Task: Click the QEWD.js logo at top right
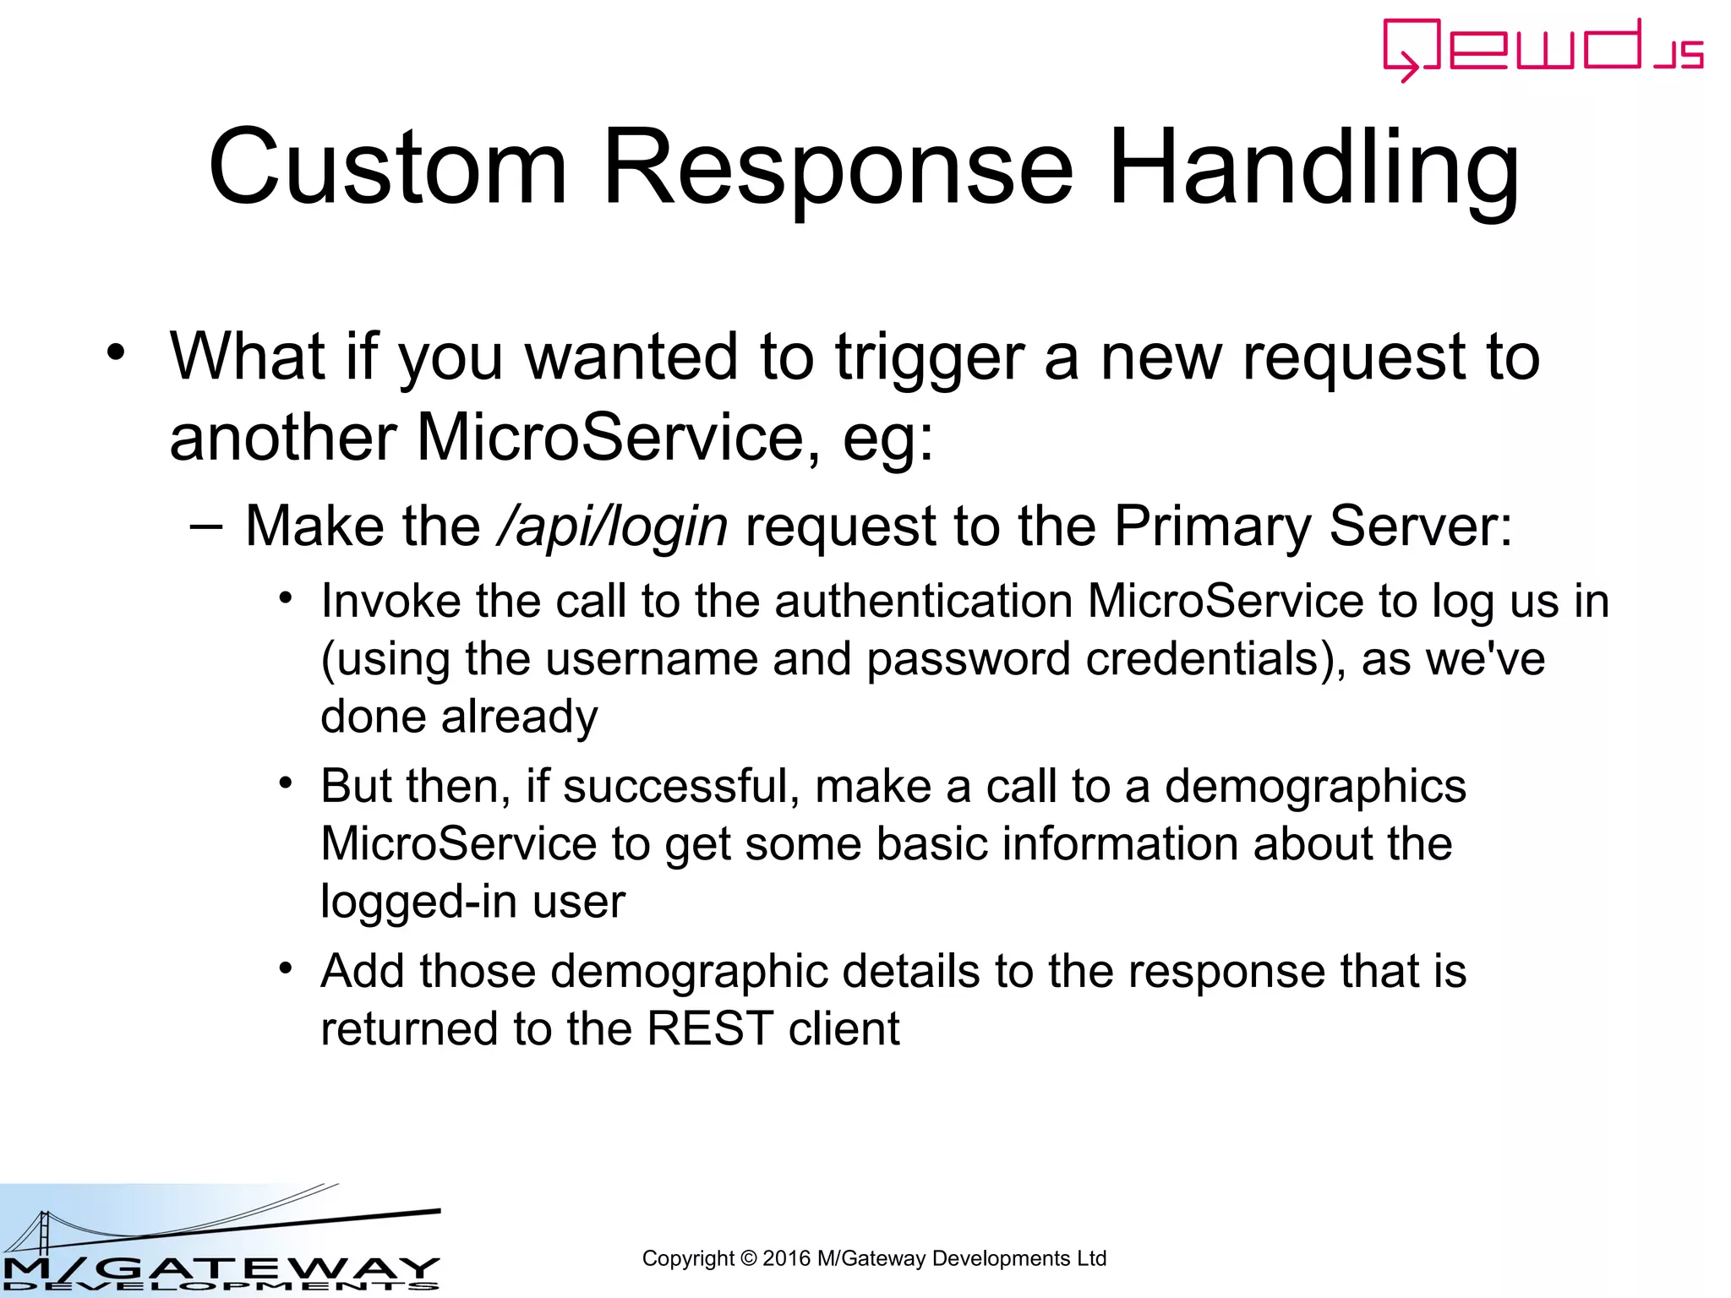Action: pos(1542,49)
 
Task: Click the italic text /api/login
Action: pos(612,526)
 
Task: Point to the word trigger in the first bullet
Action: pos(929,357)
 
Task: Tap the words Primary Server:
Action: pos(1313,526)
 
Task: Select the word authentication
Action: pos(923,602)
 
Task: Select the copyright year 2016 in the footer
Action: pos(786,1258)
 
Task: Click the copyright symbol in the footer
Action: pos(748,1258)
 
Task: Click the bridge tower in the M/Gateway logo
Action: pos(42,1235)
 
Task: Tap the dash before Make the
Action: pos(206,527)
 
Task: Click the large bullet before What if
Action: pos(116,352)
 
